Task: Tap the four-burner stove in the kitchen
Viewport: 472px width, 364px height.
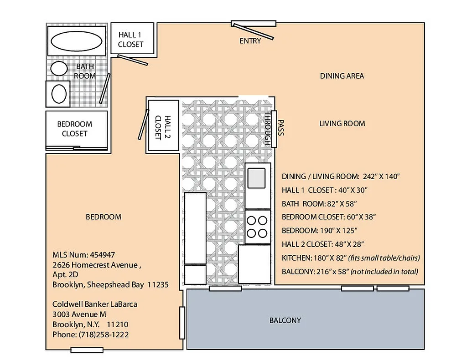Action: [256, 227]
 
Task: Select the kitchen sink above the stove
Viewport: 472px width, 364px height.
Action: [257, 177]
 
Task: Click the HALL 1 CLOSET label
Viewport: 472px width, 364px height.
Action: [131, 40]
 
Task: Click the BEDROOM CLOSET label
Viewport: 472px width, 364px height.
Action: [74, 129]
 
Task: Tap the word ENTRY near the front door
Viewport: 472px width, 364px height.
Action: [250, 41]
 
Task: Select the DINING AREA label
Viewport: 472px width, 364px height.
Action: [342, 76]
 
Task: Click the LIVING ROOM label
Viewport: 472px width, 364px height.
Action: [342, 123]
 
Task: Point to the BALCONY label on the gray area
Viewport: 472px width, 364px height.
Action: [285, 320]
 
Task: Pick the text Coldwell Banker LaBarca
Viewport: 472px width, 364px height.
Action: [94, 304]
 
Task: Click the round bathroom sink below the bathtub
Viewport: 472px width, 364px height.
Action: [58, 69]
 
